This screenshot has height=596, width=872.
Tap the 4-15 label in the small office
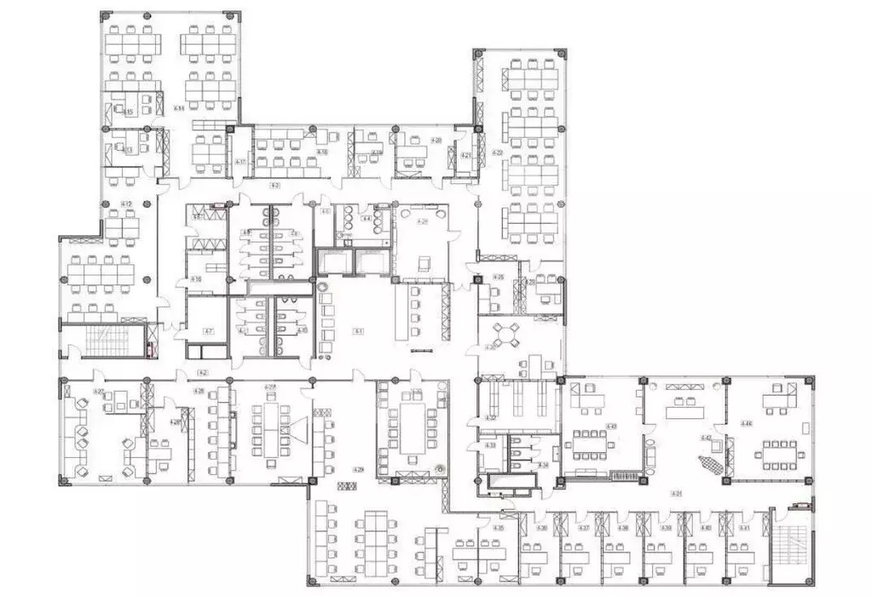coord(128,112)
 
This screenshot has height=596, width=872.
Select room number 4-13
coord(128,150)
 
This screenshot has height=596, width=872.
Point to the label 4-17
coord(241,162)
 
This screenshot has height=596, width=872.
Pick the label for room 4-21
coord(466,156)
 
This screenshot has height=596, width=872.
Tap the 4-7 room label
coord(207,330)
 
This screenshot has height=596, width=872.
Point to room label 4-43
coord(611,425)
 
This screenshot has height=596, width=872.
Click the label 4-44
coord(746,423)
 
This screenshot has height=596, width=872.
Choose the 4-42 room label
coord(706,437)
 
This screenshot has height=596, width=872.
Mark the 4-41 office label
coord(744,528)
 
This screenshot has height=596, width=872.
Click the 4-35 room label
coord(500,528)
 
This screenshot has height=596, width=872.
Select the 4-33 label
coord(490,445)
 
